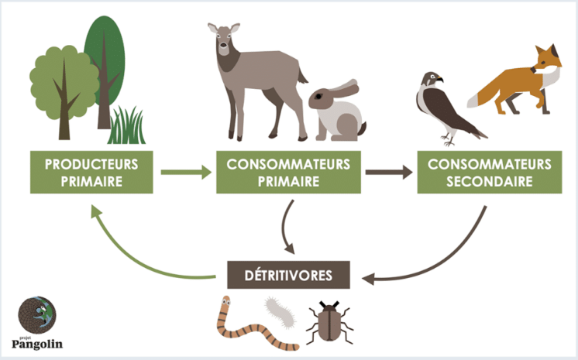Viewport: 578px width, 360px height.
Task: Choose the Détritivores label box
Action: click(288, 274)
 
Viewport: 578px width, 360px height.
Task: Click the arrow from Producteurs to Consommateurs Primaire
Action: click(186, 172)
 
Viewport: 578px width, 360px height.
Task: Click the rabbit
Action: click(338, 112)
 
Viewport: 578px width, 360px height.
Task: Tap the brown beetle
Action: click(325, 321)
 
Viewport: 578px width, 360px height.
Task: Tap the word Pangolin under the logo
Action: click(37, 345)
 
